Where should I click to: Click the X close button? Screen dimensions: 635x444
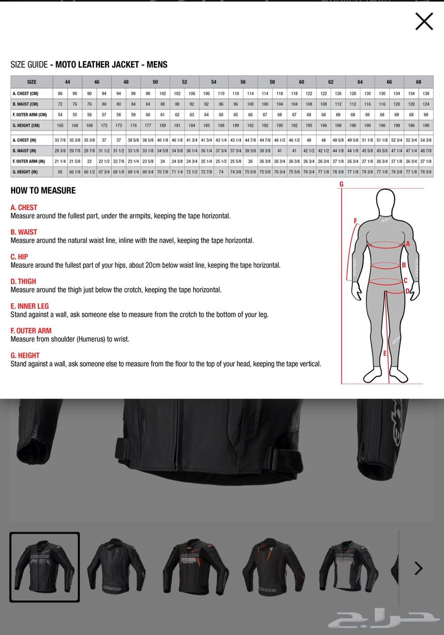tap(424, 22)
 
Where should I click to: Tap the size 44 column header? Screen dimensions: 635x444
tap(68, 82)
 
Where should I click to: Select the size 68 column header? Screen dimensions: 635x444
tap(418, 82)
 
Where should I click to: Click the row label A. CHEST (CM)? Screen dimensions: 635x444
tap(26, 93)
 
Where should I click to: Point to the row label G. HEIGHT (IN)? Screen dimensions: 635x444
tap(25, 172)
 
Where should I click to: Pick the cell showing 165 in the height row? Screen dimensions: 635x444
tap(60, 126)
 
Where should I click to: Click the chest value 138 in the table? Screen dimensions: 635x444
tap(426, 93)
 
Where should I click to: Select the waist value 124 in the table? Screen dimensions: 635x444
tap(426, 104)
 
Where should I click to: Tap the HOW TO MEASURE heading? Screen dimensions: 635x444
tap(43, 191)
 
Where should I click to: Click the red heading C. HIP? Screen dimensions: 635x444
tap(19, 257)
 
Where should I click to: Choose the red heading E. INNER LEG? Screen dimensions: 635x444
tap(30, 306)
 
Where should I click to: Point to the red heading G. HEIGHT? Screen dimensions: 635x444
tap(25, 355)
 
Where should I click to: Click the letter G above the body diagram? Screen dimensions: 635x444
tap(341, 184)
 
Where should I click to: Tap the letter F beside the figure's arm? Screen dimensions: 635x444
tap(355, 221)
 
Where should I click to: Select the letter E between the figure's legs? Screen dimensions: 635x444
tap(385, 353)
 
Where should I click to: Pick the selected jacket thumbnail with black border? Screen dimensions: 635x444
tap(44, 567)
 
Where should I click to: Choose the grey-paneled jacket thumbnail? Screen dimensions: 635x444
tap(349, 567)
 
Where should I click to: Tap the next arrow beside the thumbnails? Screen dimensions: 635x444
tap(418, 568)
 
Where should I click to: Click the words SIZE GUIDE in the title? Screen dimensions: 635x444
tap(29, 65)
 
